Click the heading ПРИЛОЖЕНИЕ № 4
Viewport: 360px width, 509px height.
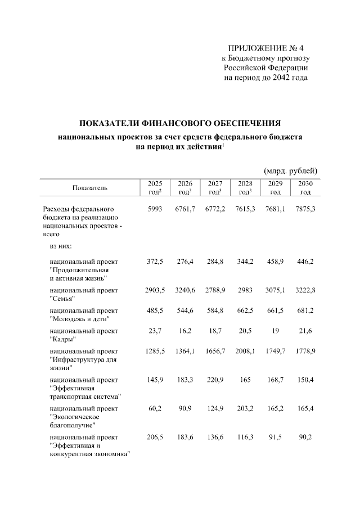[x=268, y=47]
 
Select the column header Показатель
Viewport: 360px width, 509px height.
[x=89, y=187]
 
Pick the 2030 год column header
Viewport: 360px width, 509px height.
[x=305, y=188]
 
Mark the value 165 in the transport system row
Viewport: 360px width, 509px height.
[x=245, y=379]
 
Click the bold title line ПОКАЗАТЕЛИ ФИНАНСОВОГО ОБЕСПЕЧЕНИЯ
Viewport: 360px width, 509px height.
[x=179, y=123]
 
